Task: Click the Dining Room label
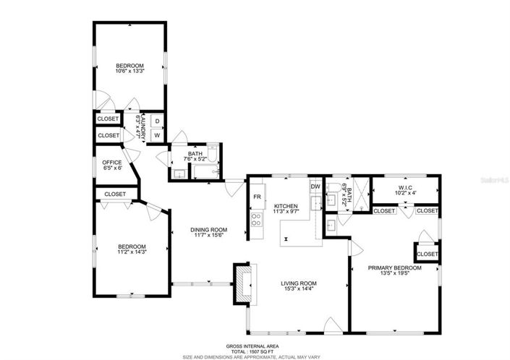(210, 229)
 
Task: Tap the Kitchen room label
(286, 207)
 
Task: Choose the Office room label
(111, 162)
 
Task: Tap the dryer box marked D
(157, 120)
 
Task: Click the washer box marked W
(157, 134)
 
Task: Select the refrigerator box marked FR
(257, 197)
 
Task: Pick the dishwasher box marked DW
(315, 187)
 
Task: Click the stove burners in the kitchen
(256, 220)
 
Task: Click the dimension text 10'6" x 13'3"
(130, 71)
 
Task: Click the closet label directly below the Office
(114, 194)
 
